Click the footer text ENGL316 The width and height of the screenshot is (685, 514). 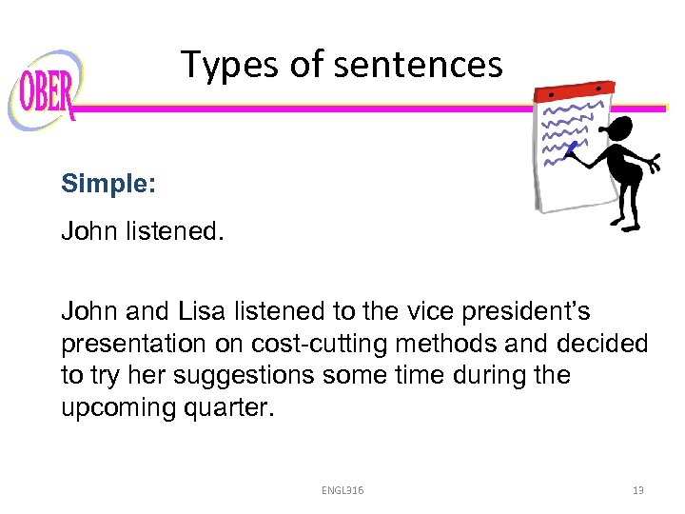pos(342,490)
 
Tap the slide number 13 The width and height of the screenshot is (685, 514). pos(638,490)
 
